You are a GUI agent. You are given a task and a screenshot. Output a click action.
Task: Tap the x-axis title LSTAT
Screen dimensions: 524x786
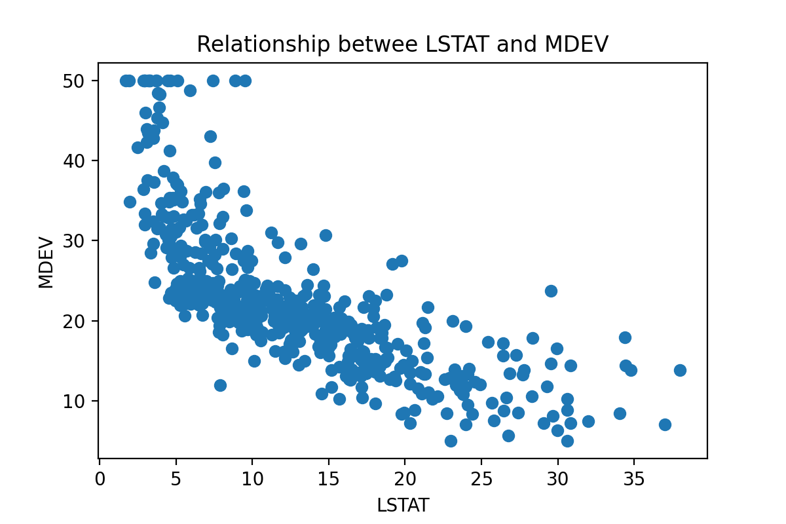point(403,505)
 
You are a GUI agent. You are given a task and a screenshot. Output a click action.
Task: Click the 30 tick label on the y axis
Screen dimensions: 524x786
point(81,240)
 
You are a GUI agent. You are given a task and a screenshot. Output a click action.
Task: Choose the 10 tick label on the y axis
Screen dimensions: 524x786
point(81,401)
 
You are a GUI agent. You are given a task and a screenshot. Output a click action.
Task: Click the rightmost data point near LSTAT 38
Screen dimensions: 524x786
point(680,370)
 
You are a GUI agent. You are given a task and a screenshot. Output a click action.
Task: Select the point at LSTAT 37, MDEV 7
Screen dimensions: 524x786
point(665,424)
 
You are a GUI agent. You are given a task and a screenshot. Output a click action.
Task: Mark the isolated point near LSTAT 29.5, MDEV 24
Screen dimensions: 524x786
point(551,291)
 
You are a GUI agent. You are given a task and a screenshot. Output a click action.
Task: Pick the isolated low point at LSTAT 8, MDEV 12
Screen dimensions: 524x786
point(220,385)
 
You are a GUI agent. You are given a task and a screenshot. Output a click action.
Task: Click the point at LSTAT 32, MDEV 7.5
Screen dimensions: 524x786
point(588,421)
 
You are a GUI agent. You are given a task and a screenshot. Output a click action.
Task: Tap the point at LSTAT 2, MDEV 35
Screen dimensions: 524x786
point(130,202)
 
